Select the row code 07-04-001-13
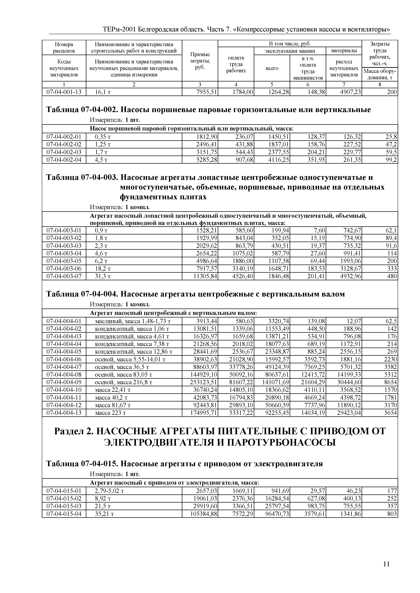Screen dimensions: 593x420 coord(64,92)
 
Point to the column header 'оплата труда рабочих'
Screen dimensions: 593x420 coord(236,64)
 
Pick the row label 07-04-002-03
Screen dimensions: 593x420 coord(64,152)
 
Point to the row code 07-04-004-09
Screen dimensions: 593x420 coord(64,382)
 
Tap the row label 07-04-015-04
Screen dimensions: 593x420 coord(64,514)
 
